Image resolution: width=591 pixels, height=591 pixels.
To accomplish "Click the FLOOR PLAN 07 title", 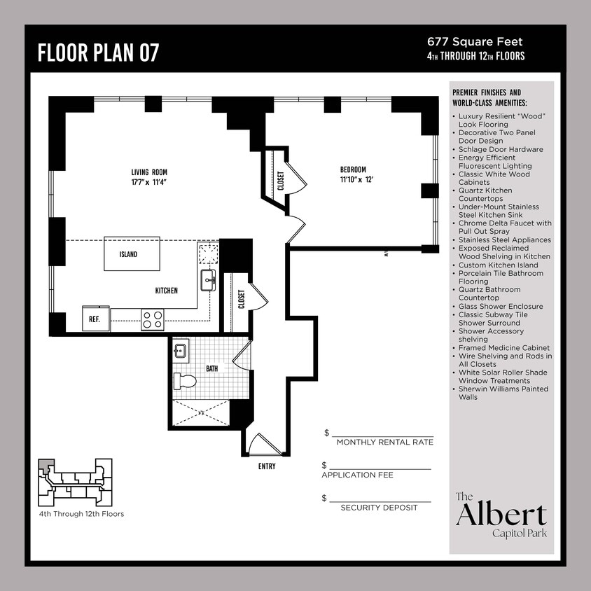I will pos(98,53).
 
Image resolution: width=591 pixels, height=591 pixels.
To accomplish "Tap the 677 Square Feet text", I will pos(475,42).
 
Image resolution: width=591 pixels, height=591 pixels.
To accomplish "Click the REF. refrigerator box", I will pos(95,318).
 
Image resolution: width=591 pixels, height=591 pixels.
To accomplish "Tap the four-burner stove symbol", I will pos(152,319).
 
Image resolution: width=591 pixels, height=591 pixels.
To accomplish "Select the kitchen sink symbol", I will pos(208,280).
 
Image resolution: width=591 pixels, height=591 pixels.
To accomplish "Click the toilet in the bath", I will pos(185,381).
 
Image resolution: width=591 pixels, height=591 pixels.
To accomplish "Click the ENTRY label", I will pos(266,466).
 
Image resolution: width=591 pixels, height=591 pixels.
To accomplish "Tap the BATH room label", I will pos(211,368).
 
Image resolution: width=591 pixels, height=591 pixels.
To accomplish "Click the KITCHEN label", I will pos(166,291).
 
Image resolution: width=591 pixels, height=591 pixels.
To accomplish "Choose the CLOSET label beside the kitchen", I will pos(241,300).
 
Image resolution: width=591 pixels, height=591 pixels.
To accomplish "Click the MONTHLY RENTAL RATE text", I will pos(384,442).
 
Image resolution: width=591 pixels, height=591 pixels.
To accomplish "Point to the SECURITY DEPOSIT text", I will pos(379,507).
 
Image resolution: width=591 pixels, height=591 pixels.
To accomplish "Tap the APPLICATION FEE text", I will pos(357,475).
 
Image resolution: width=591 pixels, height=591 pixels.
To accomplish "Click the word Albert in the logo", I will pos(501,515).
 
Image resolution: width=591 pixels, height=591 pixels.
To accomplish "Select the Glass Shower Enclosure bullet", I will pos(501,306).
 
